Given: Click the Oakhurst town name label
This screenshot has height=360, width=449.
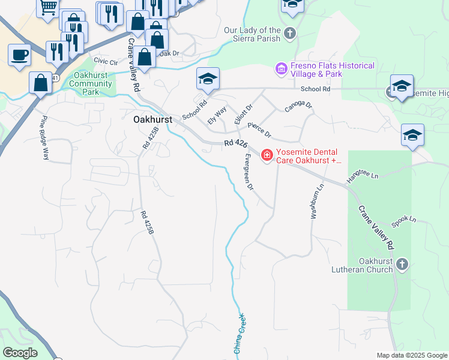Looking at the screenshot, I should (152, 119).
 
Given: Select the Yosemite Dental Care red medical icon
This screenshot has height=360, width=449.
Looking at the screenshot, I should (267, 156).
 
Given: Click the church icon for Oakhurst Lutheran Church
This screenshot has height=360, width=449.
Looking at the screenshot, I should (402, 264).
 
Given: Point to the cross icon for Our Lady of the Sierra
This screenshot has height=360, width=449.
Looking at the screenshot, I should (291, 33).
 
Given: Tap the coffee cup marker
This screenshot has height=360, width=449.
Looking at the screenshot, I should (19, 55).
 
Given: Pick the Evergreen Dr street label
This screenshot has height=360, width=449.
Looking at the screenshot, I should (250, 172).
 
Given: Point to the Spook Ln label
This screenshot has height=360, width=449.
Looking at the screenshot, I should (403, 220).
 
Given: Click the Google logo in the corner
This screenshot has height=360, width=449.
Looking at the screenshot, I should (20, 353).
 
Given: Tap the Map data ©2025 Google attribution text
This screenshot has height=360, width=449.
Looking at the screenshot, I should (412, 355).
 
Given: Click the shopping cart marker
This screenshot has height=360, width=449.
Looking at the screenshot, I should (48, 7).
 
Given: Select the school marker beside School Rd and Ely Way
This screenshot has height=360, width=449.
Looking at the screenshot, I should (208, 79).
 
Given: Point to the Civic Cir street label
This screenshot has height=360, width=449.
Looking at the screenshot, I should (105, 61).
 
